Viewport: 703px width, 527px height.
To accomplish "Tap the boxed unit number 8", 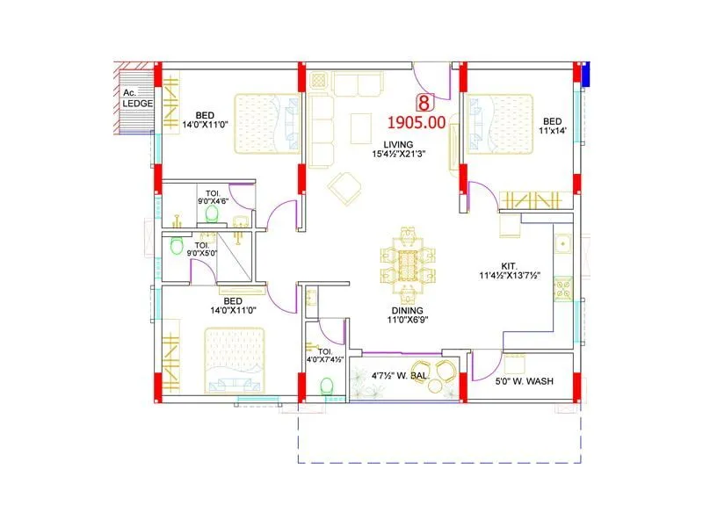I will tap(425, 103).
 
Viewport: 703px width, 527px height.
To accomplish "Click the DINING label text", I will tap(408, 311).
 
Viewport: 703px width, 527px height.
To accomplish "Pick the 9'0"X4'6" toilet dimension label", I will tap(213, 201).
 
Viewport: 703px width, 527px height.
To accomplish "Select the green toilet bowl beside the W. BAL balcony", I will tap(327, 386).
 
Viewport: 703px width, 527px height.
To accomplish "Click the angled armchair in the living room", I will tap(343, 186).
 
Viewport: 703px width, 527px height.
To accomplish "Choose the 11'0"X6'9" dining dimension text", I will tap(408, 321).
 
